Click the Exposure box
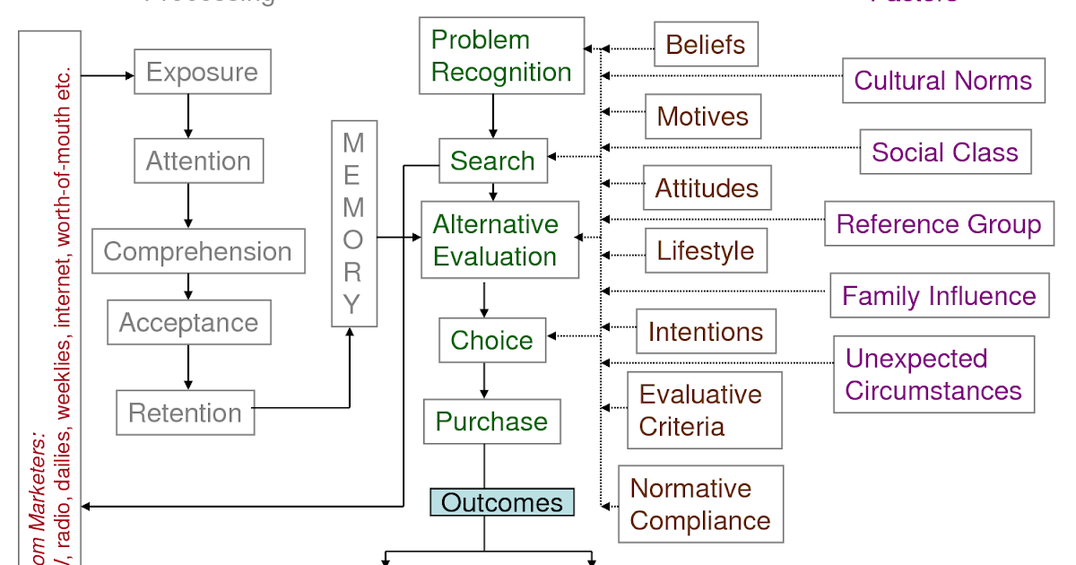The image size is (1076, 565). (x=202, y=72)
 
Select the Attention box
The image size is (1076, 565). (x=198, y=161)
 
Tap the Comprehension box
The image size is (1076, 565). (x=198, y=251)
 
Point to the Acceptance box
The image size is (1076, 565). (x=188, y=323)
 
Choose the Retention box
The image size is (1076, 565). (x=185, y=413)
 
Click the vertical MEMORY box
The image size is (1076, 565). (x=353, y=223)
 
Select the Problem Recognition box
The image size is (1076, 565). (x=501, y=56)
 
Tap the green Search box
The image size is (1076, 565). (x=492, y=161)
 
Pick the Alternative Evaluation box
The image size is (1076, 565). (x=499, y=240)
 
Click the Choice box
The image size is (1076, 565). (x=491, y=341)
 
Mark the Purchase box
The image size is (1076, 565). (x=491, y=422)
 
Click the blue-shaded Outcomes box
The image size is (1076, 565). (x=501, y=502)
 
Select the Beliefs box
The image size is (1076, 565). (x=706, y=45)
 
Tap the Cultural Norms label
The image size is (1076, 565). (x=943, y=81)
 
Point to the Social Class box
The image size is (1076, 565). (x=945, y=152)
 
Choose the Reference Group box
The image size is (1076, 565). (x=939, y=224)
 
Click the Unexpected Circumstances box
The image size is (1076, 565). (x=933, y=375)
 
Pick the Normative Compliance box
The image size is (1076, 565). (x=700, y=504)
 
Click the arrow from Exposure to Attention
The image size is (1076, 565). (x=188, y=116)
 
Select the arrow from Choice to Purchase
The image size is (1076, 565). (x=484, y=381)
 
